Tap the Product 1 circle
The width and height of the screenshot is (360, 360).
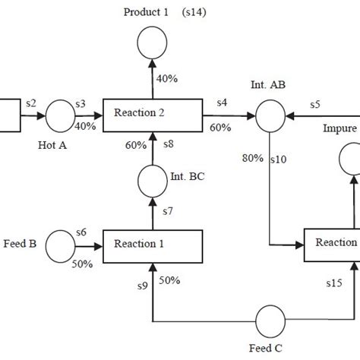click(153, 43)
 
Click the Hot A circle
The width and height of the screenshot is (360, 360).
click(60, 116)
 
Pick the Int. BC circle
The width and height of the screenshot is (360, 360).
click(153, 180)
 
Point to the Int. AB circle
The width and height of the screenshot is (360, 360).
click(270, 116)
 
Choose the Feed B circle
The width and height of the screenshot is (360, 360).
click(60, 245)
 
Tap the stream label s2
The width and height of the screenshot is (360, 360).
click(31, 102)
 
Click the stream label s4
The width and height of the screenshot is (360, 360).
click(222, 102)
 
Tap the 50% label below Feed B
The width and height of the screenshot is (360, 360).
click(82, 264)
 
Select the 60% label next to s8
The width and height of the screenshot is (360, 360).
click(134, 144)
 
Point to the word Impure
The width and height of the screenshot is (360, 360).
click(339, 128)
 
